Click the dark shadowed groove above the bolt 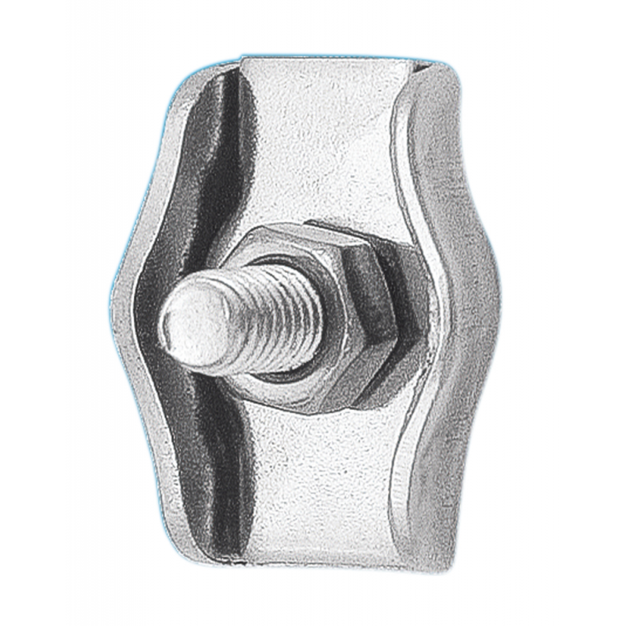[x=215, y=156]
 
